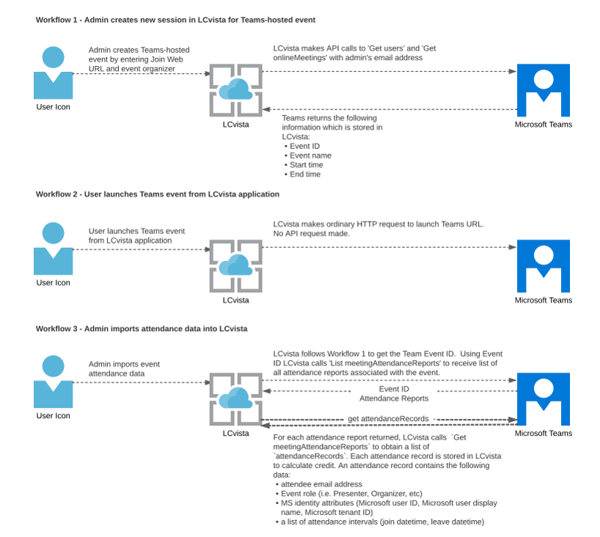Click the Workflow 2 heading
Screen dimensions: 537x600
(x=158, y=194)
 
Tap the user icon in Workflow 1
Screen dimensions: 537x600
(x=53, y=73)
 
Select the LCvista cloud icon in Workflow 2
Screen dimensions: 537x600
(x=235, y=266)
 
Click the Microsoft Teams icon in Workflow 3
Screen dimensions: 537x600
(x=543, y=399)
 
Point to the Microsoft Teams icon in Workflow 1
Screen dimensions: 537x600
(x=543, y=90)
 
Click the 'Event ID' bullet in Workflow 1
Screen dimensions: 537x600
(x=304, y=146)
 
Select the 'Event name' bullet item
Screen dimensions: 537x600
(x=310, y=156)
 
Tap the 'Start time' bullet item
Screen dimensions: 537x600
(x=307, y=165)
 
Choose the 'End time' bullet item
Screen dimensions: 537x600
(x=305, y=175)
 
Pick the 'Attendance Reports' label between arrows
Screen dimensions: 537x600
(x=393, y=398)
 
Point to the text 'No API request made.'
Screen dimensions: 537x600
(x=311, y=233)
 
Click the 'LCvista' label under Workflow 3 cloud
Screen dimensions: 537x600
(x=235, y=433)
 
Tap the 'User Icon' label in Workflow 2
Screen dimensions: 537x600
(x=53, y=282)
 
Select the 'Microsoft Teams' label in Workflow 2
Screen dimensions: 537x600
(x=543, y=300)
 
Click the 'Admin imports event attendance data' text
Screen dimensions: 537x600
(x=124, y=368)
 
